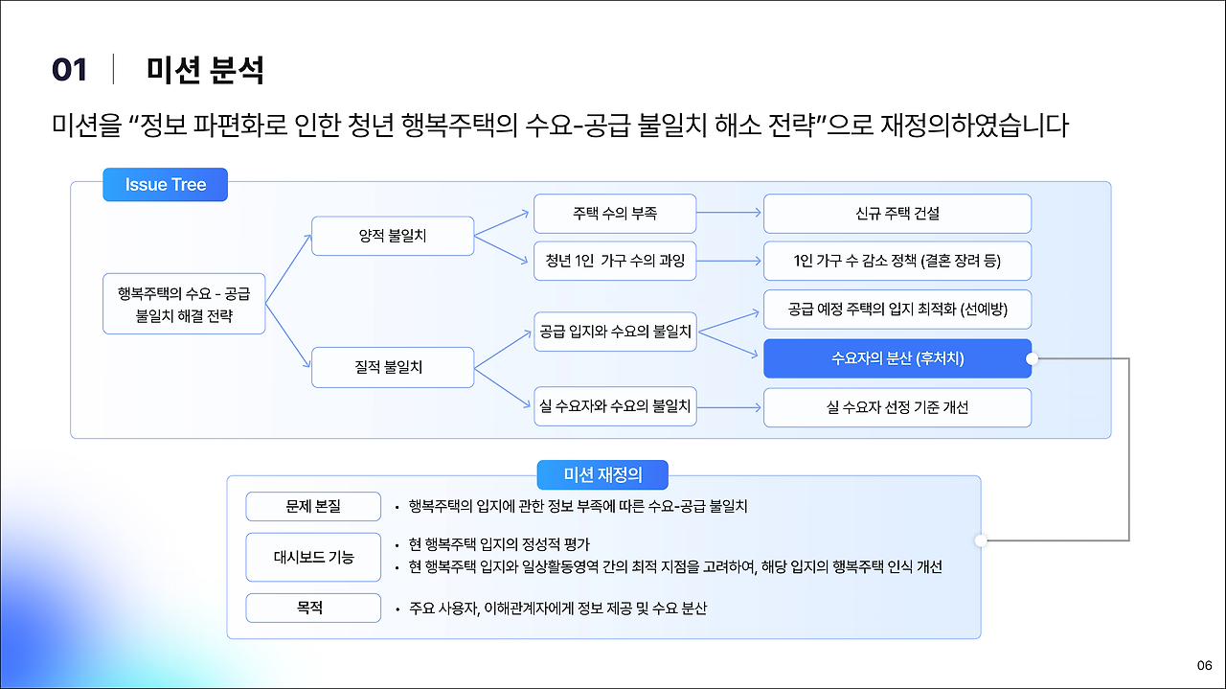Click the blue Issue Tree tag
165,185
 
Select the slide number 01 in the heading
70,70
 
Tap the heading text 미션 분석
205,70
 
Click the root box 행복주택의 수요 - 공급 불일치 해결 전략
184,304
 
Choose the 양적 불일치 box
393,236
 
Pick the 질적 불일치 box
393,367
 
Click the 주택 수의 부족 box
615,214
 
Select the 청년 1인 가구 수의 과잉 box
615,261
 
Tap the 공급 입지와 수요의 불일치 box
615,332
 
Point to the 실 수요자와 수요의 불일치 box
615,407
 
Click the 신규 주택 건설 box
897,214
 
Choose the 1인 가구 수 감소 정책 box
897,261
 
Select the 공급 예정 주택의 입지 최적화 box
897,310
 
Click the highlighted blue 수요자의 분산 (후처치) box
897,358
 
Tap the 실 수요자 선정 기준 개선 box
897,407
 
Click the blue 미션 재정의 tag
602,475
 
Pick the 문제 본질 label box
312,506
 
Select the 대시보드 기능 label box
312,557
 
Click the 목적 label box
312,608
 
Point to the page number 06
1204,666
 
